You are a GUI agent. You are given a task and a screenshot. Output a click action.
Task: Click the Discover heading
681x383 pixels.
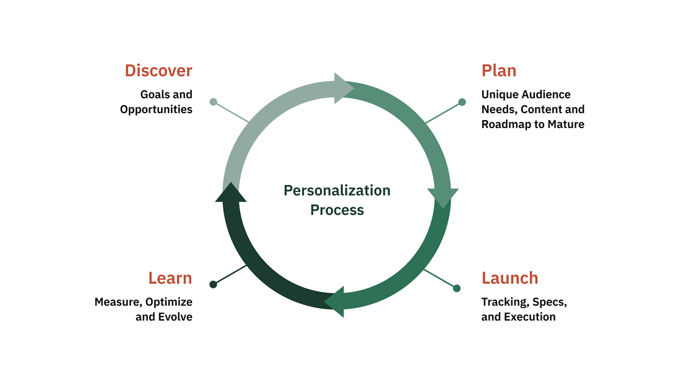[x=158, y=71]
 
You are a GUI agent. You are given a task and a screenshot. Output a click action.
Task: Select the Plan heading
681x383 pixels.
[x=498, y=71]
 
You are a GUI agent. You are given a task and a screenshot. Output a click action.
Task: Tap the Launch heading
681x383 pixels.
[x=510, y=278]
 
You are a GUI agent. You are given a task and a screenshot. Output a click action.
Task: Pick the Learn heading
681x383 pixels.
[x=170, y=278]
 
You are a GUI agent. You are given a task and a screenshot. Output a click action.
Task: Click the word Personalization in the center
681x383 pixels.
[x=337, y=191]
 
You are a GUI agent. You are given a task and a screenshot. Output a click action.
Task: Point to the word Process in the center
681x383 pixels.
[x=337, y=210]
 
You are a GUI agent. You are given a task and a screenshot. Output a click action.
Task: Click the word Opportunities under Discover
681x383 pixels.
[x=156, y=110]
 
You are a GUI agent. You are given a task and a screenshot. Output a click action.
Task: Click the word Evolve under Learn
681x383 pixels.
[x=176, y=317]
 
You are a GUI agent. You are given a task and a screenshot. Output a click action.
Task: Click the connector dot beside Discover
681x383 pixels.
[x=214, y=101]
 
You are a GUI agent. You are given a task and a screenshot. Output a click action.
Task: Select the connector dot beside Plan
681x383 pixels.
[x=462, y=102]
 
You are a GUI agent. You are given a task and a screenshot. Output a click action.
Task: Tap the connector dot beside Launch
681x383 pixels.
[x=457, y=288]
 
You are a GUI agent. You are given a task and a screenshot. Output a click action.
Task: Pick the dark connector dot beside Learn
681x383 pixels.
[x=213, y=285]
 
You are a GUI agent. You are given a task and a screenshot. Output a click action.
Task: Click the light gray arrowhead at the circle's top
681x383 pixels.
[x=343, y=88]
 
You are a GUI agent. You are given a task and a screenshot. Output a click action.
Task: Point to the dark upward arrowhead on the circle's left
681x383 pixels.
[x=231, y=192]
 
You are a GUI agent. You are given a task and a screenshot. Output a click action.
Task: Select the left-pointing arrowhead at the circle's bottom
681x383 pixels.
[x=335, y=301]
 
